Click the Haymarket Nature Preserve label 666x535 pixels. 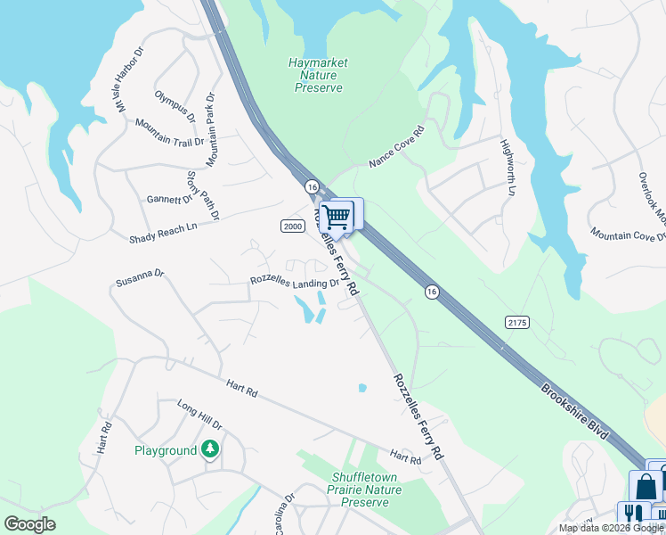coord(318,76)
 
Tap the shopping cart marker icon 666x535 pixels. coord(337,215)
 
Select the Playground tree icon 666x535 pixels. coord(210,449)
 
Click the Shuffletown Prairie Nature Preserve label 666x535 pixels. coord(360,490)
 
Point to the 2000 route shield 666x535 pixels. coord(292,226)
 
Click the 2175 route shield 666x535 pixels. coord(517,321)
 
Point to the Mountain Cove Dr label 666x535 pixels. coord(628,234)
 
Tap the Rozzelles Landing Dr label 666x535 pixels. coord(294,283)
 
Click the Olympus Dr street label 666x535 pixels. coord(175,105)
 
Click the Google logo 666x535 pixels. coord(29,524)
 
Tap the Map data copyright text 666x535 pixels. coord(611,528)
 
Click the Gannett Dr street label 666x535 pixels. coord(169,199)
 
